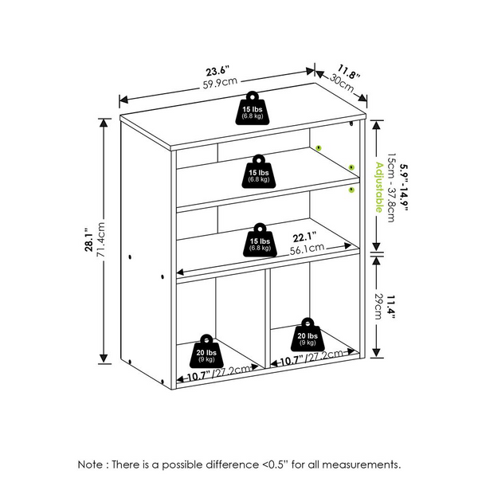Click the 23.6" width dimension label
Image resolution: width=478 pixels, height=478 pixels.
[x=217, y=71]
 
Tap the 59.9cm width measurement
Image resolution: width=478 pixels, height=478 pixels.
[x=220, y=83]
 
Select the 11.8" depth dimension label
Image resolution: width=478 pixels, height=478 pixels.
[x=349, y=72]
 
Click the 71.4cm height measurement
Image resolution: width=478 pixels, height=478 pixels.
[x=100, y=240]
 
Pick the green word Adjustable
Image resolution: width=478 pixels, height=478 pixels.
[x=379, y=187]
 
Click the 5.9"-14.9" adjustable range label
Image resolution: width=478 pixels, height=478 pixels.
[x=404, y=187]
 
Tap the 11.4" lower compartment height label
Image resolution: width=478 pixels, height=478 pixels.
[x=391, y=307]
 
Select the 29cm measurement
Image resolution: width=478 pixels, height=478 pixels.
[x=378, y=307]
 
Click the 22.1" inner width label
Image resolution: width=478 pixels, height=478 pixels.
[x=304, y=237]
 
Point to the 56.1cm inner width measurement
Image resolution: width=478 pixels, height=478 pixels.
[x=307, y=249]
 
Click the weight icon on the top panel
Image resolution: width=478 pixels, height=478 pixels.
[x=252, y=108]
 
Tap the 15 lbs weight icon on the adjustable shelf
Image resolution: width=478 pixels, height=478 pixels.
[x=258, y=171]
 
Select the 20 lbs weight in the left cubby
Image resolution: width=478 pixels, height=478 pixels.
[x=206, y=351]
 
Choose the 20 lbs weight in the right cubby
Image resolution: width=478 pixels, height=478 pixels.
[x=308, y=335]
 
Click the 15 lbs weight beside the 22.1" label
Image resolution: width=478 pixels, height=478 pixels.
[x=260, y=240]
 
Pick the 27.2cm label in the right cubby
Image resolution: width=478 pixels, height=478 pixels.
[x=324, y=356]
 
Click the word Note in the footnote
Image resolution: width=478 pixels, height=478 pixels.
[x=90, y=464]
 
